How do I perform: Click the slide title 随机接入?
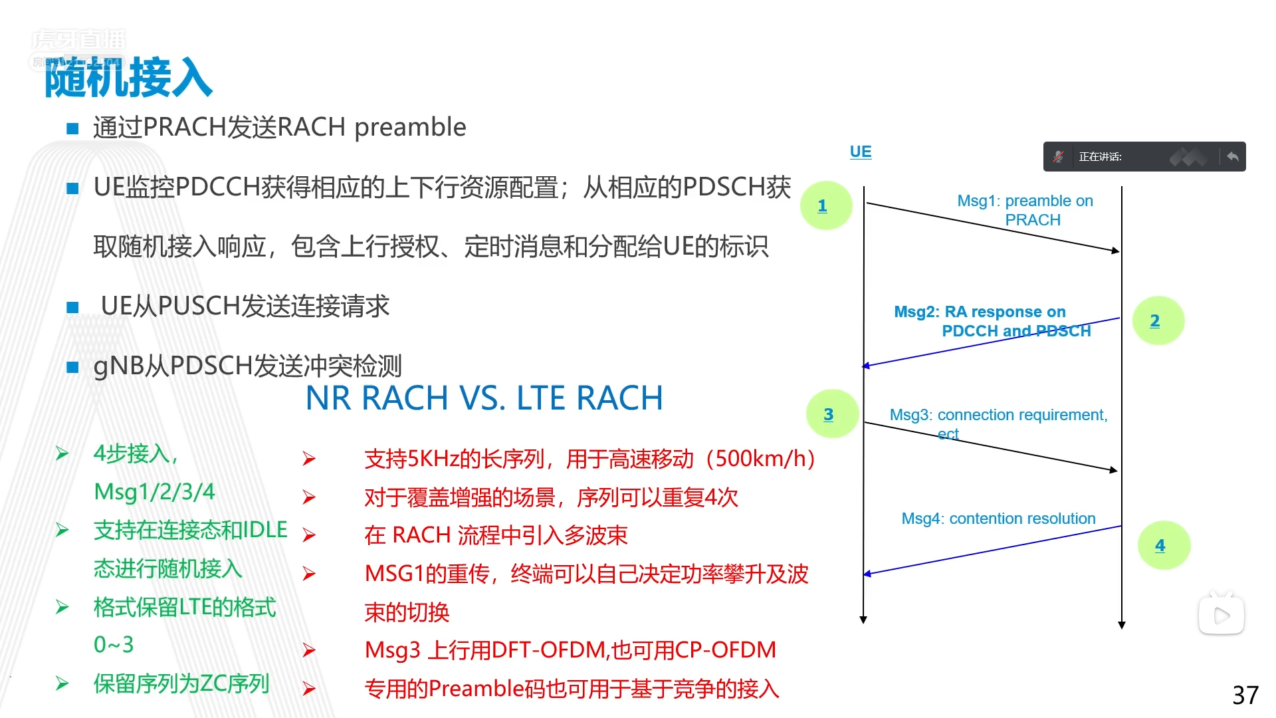[x=128, y=78]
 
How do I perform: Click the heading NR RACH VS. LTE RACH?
[x=484, y=398]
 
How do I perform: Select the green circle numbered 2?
[x=1158, y=321]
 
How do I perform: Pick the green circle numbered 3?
[x=831, y=414]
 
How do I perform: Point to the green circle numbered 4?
[x=1163, y=546]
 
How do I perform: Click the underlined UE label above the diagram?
[x=861, y=152]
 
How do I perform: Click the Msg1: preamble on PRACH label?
[x=1025, y=210]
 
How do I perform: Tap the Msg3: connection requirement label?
[x=998, y=416]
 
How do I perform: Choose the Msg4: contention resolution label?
[x=998, y=519]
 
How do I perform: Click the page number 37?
[x=1245, y=695]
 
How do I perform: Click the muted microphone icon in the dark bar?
[x=1059, y=157]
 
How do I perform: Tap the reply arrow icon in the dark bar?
[x=1233, y=157]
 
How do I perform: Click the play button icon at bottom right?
[x=1222, y=616]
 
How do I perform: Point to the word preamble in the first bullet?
[x=410, y=127]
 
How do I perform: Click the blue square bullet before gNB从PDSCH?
[x=73, y=367]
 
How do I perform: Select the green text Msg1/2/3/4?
[x=154, y=492]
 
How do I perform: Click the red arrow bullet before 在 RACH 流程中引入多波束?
[x=309, y=536]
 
